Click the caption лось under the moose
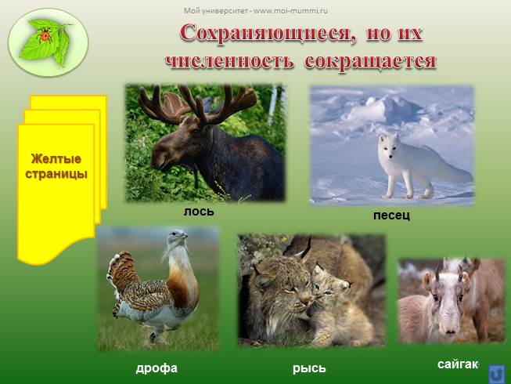pyautogui.click(x=198, y=212)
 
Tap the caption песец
pyautogui.click(x=391, y=215)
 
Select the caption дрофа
pyautogui.click(x=157, y=368)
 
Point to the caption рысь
pyautogui.click(x=309, y=368)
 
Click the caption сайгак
pyautogui.click(x=457, y=364)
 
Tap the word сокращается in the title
pyautogui.click(x=369, y=61)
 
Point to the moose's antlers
pyautogui.click(x=196, y=102)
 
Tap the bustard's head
pyautogui.click(x=179, y=235)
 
